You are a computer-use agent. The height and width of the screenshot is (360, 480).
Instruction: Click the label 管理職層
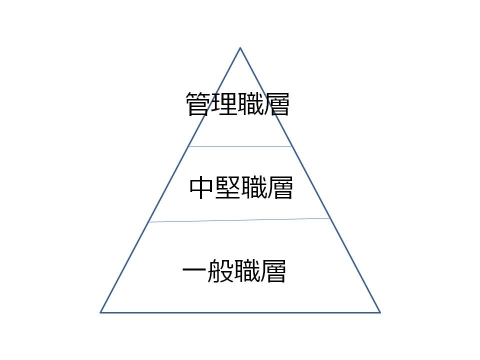(x=237, y=104)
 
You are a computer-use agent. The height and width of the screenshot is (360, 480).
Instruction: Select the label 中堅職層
(x=241, y=187)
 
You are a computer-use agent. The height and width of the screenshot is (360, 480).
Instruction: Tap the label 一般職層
(x=234, y=270)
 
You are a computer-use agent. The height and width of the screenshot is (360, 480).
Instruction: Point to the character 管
(x=198, y=104)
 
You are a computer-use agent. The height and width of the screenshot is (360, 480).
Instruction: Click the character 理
(x=224, y=104)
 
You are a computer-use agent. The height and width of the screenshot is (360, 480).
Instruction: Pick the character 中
(x=201, y=187)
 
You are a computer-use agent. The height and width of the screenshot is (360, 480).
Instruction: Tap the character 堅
(x=228, y=187)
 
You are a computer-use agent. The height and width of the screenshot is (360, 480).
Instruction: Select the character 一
(x=194, y=270)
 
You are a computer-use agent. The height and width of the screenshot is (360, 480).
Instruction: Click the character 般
(x=220, y=270)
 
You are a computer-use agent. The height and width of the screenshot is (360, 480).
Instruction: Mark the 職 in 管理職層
(x=250, y=104)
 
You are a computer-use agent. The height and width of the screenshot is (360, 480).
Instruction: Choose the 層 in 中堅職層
(x=280, y=187)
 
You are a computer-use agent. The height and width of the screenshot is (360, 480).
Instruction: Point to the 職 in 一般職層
(x=247, y=270)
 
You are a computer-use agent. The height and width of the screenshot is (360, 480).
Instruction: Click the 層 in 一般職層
(x=273, y=270)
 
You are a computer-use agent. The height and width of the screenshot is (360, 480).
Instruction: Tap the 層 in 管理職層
(x=276, y=104)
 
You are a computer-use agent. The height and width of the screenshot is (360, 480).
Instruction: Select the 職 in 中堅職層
(x=254, y=187)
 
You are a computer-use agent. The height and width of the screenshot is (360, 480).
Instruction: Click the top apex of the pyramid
(x=240, y=48)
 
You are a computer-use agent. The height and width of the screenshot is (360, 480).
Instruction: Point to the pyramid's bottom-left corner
(x=100, y=312)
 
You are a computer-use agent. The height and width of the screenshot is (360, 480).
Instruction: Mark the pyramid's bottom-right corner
(x=380, y=312)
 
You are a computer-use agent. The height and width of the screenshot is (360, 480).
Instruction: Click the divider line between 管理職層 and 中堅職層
(x=240, y=146)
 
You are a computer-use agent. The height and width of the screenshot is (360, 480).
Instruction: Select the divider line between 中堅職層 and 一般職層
(x=239, y=220)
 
